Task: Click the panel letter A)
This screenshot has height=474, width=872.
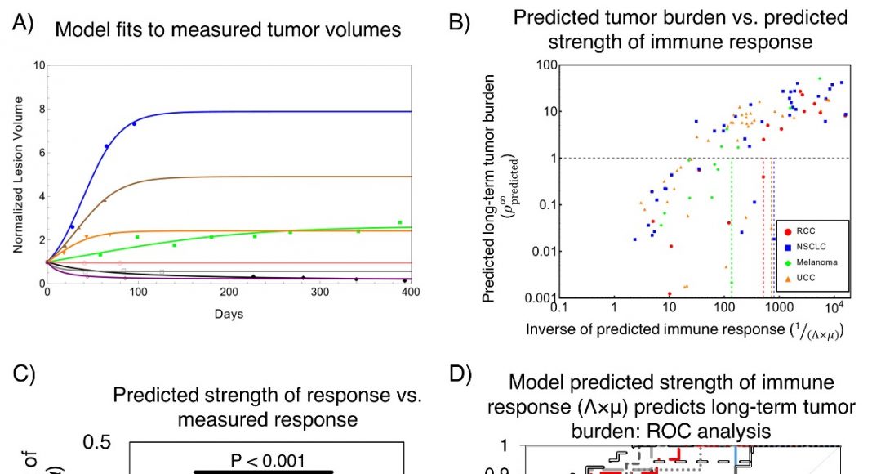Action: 22,24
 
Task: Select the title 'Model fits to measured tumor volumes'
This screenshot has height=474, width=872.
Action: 228,30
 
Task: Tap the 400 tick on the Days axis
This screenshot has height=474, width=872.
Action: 411,292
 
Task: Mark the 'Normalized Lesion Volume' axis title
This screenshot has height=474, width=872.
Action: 18,175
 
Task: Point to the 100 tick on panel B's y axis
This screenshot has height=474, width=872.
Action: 546,65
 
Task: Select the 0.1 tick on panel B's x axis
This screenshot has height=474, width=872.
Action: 558,308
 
